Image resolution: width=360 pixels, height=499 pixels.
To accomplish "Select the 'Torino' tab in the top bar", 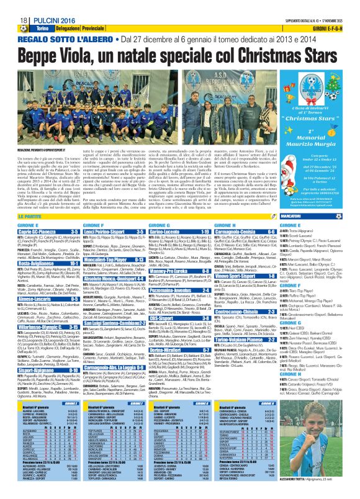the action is (42, 29).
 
